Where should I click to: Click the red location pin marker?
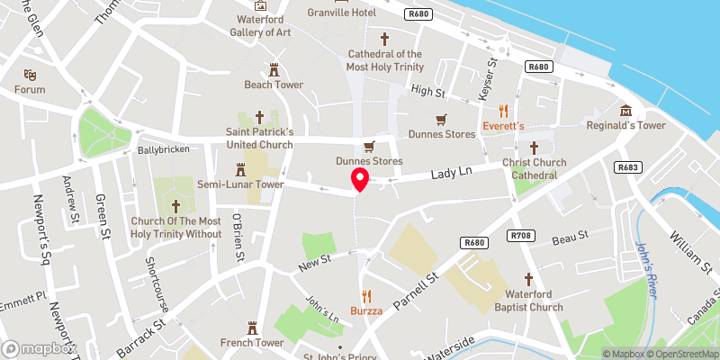(360, 178)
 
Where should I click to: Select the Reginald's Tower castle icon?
(625, 108)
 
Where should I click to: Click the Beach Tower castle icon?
(274, 68)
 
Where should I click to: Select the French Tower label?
(252, 343)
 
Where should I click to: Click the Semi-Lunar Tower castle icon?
(240, 168)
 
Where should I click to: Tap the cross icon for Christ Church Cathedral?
(534, 148)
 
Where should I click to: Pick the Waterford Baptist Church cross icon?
(528, 279)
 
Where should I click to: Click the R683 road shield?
(627, 167)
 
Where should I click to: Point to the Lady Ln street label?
(451, 171)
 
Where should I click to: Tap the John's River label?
(646, 260)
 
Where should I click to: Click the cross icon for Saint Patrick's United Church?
(260, 117)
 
